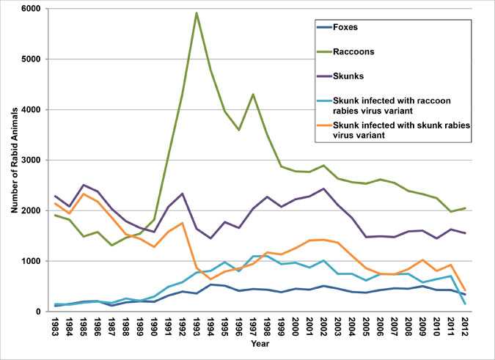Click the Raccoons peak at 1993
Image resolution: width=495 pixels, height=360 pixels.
click(x=197, y=12)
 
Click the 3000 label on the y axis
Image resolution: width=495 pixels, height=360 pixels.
click(x=33, y=160)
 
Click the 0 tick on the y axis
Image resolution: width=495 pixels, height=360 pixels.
click(x=40, y=312)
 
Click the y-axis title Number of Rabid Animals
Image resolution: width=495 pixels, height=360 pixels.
click(x=13, y=160)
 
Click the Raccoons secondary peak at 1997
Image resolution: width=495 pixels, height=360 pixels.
click(x=252, y=94)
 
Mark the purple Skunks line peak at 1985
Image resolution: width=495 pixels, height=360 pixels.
click(x=84, y=185)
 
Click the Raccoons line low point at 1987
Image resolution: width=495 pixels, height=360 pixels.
click(x=112, y=245)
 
